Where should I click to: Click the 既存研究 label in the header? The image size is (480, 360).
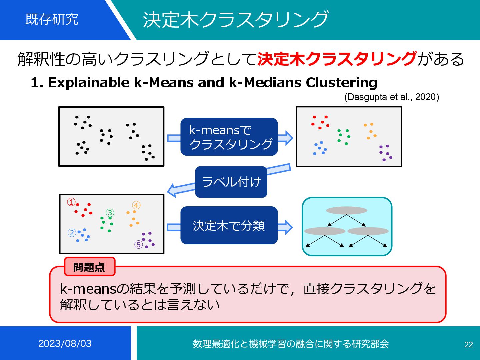(52, 19)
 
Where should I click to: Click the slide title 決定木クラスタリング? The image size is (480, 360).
(235, 20)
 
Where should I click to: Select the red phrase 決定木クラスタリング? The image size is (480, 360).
(337, 59)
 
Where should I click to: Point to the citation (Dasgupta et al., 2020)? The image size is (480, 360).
(391, 97)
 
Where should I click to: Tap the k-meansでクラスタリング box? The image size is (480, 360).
(229, 137)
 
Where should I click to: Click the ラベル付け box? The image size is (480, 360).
(231, 182)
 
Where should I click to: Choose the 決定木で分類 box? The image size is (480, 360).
(229, 226)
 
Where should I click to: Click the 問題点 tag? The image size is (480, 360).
(89, 267)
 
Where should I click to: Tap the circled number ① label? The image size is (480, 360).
(71, 202)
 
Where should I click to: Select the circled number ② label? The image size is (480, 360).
(72, 233)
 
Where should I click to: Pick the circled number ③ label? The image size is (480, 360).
(110, 213)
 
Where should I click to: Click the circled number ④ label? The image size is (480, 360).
(136, 205)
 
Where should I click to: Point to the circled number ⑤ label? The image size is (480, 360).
(138, 245)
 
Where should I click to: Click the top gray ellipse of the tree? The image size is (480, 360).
(346, 210)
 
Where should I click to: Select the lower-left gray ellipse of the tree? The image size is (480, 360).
(325, 231)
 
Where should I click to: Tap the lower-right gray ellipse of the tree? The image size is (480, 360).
(368, 231)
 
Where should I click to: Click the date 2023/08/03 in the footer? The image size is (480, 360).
(65, 344)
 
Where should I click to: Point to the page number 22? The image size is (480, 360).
(468, 345)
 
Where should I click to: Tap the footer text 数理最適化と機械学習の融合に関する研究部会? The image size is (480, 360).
(291, 344)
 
